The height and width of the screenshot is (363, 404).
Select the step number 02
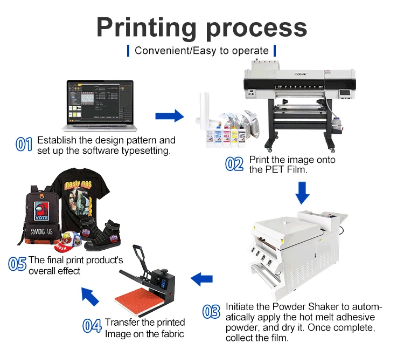(234, 164)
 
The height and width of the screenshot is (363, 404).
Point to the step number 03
(211, 311)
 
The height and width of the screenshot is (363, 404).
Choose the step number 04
(92, 326)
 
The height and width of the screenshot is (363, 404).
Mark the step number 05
(17, 264)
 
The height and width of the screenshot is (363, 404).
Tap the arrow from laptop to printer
(169, 115)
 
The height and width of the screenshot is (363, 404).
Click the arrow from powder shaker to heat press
(202, 279)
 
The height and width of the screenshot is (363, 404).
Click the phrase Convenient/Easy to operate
(201, 51)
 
